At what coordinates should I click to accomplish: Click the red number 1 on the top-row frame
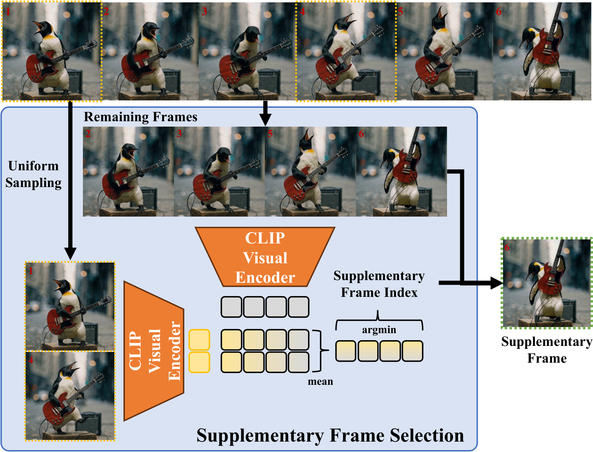click(x=8, y=11)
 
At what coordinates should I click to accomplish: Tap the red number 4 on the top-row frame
click(x=302, y=11)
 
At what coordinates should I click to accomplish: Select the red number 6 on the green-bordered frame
click(x=507, y=247)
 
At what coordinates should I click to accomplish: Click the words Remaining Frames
click(x=140, y=117)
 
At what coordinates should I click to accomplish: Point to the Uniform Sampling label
click(x=33, y=174)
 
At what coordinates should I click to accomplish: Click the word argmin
click(x=379, y=330)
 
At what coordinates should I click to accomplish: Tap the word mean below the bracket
click(x=320, y=381)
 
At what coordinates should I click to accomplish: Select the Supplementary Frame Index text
click(x=379, y=284)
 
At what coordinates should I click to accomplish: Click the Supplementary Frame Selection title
click(x=330, y=436)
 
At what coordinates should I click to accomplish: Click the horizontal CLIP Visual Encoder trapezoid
click(x=265, y=257)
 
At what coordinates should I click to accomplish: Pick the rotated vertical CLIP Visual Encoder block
click(x=154, y=351)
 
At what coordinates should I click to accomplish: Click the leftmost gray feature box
click(x=231, y=307)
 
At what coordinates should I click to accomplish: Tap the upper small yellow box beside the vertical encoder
click(x=199, y=340)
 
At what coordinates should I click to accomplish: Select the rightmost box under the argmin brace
click(x=412, y=351)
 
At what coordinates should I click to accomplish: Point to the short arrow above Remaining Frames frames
click(x=265, y=114)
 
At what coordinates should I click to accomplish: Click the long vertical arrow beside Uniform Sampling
click(x=70, y=178)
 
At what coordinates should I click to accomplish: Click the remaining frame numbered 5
click(x=310, y=172)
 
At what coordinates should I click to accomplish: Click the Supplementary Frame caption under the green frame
click(x=547, y=350)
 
